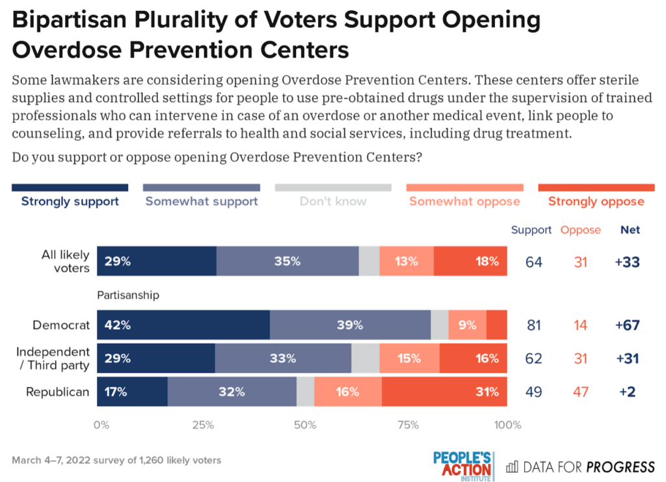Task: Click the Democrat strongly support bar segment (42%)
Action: coord(183,325)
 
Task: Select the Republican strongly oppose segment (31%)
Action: coord(445,392)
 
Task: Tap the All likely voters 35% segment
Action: coord(287,261)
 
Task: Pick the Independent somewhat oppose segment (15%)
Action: coord(409,358)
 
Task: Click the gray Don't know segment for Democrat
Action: coord(440,325)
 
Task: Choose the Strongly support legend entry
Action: coord(70,201)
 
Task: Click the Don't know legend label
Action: coord(333,201)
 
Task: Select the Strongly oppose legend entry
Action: coord(596,201)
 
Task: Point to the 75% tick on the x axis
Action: coord(408,425)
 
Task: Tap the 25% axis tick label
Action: coord(204,425)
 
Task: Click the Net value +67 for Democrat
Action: coord(629,325)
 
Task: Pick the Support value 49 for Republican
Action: coord(533,392)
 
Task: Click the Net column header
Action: coord(630,230)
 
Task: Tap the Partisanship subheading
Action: coord(128,295)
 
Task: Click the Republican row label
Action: coord(57,392)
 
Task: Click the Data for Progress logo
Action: coord(580,466)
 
